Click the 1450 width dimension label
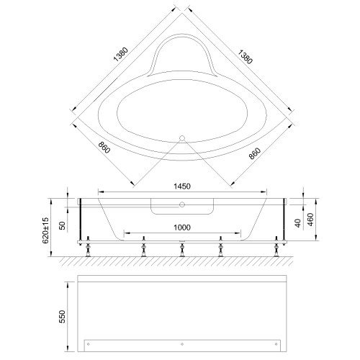click(182, 186)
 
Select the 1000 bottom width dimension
click(182, 228)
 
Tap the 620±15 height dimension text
click(45, 230)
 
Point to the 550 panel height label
click(62, 317)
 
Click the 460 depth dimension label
click(310, 220)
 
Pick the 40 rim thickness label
click(298, 223)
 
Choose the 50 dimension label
click(62, 225)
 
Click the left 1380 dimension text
click(121, 55)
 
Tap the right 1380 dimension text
click(245, 57)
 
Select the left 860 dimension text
click(104, 148)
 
